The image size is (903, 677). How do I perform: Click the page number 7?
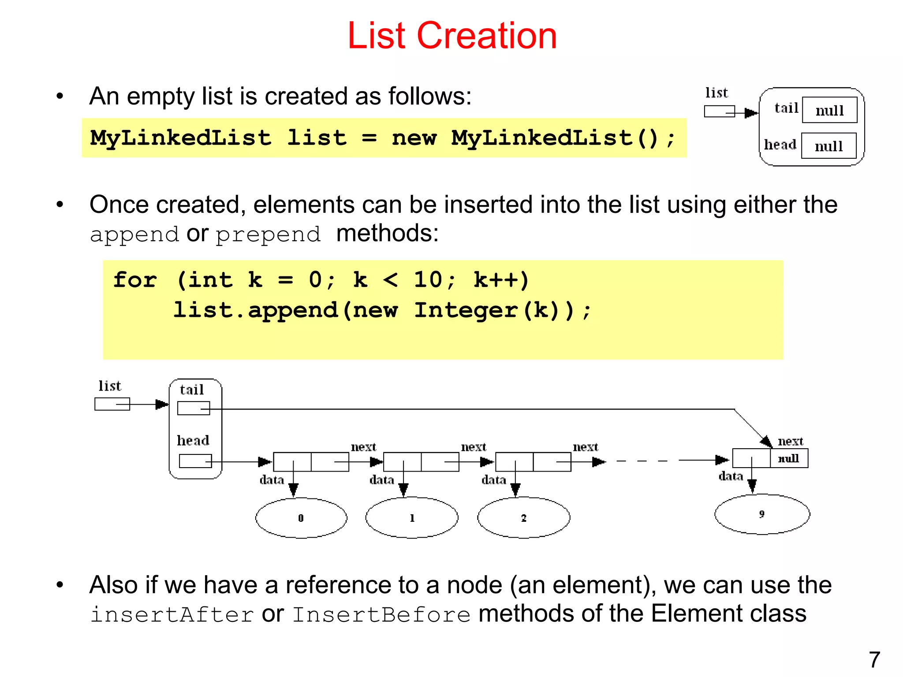874,660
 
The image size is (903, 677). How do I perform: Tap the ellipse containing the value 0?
301,518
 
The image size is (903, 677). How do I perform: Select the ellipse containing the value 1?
412,518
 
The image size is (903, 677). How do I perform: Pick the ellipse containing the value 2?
523,518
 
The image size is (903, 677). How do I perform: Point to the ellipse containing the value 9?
762,514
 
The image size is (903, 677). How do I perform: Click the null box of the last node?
789,458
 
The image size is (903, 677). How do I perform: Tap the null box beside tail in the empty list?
829,110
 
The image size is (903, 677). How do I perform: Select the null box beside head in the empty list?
828,146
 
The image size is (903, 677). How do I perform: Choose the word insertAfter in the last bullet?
172,614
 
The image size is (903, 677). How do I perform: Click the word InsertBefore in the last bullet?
381,614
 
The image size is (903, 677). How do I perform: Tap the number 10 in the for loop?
428,280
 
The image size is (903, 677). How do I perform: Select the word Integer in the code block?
466,310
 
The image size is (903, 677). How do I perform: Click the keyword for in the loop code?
135,280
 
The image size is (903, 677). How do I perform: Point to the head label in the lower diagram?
193,440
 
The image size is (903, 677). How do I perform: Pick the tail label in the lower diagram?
192,390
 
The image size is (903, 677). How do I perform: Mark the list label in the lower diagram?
109,386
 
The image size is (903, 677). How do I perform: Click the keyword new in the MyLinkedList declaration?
414,138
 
